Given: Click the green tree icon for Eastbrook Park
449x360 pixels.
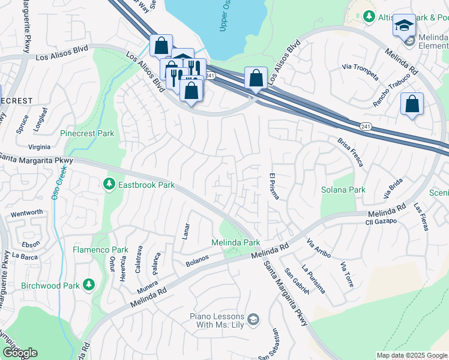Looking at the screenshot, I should point(109,184).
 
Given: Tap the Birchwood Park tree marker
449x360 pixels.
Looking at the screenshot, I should point(89,284).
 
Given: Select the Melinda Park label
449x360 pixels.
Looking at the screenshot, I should point(235,242).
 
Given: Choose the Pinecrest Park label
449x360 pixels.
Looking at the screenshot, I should point(87,133).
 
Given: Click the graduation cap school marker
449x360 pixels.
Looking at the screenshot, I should point(404,26).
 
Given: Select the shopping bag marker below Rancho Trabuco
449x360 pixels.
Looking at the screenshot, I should point(412,104).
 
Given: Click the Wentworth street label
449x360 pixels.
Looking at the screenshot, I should point(26,212).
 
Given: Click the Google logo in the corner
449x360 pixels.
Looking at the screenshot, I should point(19,353).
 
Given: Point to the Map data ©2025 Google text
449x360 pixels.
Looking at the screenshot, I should point(412,355).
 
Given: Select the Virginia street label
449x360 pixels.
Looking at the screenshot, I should point(39,146).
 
